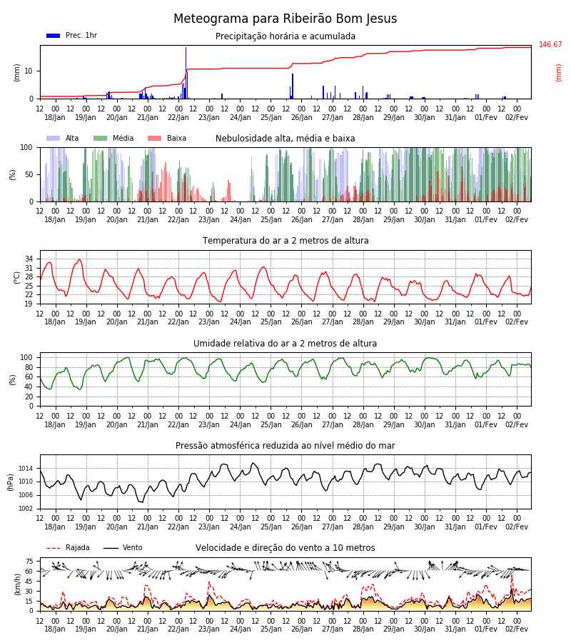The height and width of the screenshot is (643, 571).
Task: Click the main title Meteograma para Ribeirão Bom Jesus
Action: point(285,19)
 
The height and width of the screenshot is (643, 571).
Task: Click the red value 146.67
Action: point(550,45)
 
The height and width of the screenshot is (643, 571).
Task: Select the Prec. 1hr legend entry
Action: point(71,35)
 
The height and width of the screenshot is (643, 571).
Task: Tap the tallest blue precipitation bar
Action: point(186,73)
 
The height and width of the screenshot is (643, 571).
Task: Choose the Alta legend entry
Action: point(62,138)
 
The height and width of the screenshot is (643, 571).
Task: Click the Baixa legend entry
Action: point(167,138)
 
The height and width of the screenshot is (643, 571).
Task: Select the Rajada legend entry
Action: point(68,548)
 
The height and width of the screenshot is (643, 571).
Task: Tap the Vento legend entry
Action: point(123,548)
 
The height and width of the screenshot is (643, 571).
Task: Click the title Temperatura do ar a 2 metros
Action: point(285,241)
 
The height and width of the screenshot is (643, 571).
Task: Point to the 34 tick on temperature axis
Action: point(29,259)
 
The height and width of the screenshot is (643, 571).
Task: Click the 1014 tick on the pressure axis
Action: point(26,468)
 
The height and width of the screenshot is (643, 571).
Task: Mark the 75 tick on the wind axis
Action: point(29,562)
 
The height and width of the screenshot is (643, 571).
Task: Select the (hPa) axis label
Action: point(11,482)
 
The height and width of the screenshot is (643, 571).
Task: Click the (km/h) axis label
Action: point(17,584)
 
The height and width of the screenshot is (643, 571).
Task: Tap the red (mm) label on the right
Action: point(558,73)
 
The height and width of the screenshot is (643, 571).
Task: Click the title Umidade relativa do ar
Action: point(285,344)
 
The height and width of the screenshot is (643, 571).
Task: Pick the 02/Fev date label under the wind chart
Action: point(517,629)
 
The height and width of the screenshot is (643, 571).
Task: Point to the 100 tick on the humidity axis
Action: point(26,358)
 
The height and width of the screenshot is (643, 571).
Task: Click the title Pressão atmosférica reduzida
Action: point(285,446)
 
